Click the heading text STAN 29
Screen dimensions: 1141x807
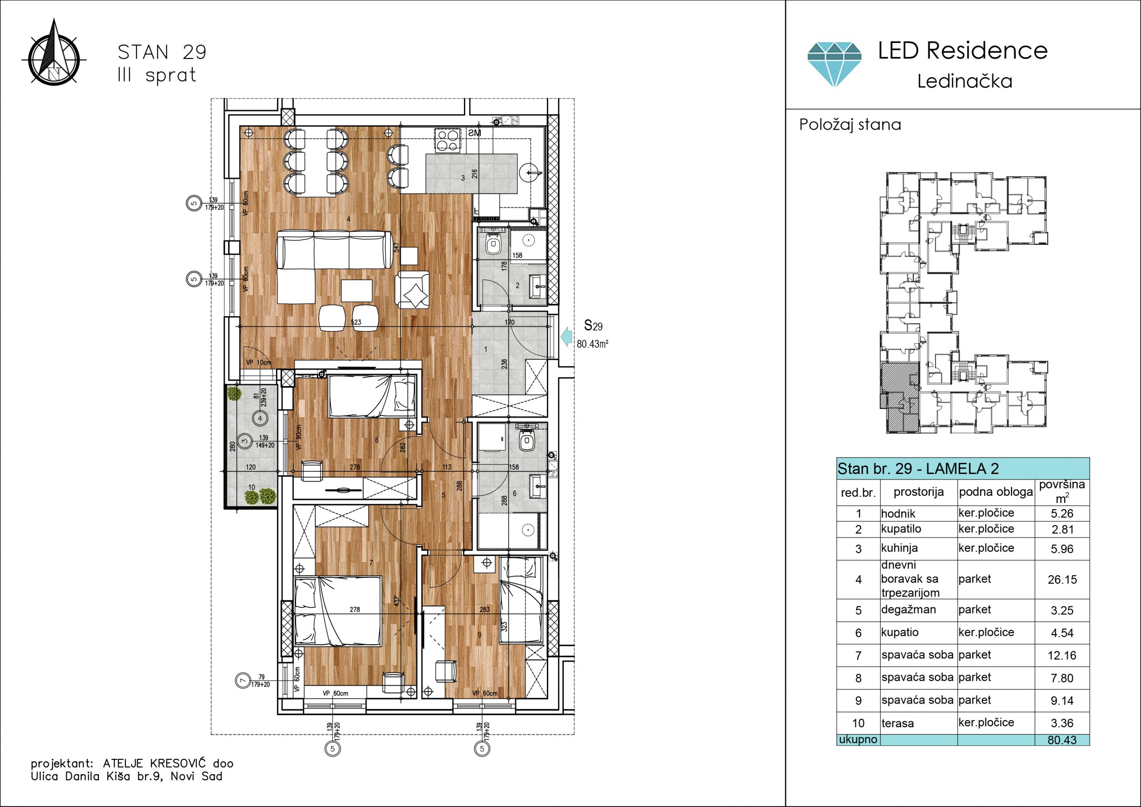pyautogui.click(x=162, y=52)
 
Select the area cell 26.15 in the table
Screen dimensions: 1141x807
pyautogui.click(x=1062, y=580)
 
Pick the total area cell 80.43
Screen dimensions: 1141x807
pyautogui.click(x=1062, y=740)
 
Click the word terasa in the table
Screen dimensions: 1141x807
pyautogui.click(x=898, y=724)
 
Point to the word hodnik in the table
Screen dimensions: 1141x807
pyautogui.click(x=898, y=514)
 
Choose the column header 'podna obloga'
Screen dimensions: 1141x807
pyautogui.click(x=995, y=492)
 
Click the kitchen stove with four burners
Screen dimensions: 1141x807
pyautogui.click(x=447, y=139)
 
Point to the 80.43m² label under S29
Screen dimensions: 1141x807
pyautogui.click(x=592, y=344)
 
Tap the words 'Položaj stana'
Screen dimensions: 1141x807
pyautogui.click(x=850, y=125)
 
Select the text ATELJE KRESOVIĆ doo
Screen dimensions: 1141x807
pyautogui.click(x=168, y=763)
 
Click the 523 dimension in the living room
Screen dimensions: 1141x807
pyautogui.click(x=356, y=322)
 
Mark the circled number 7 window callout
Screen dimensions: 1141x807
pyautogui.click(x=242, y=680)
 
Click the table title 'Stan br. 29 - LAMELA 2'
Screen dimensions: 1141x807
pyautogui.click(x=918, y=469)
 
